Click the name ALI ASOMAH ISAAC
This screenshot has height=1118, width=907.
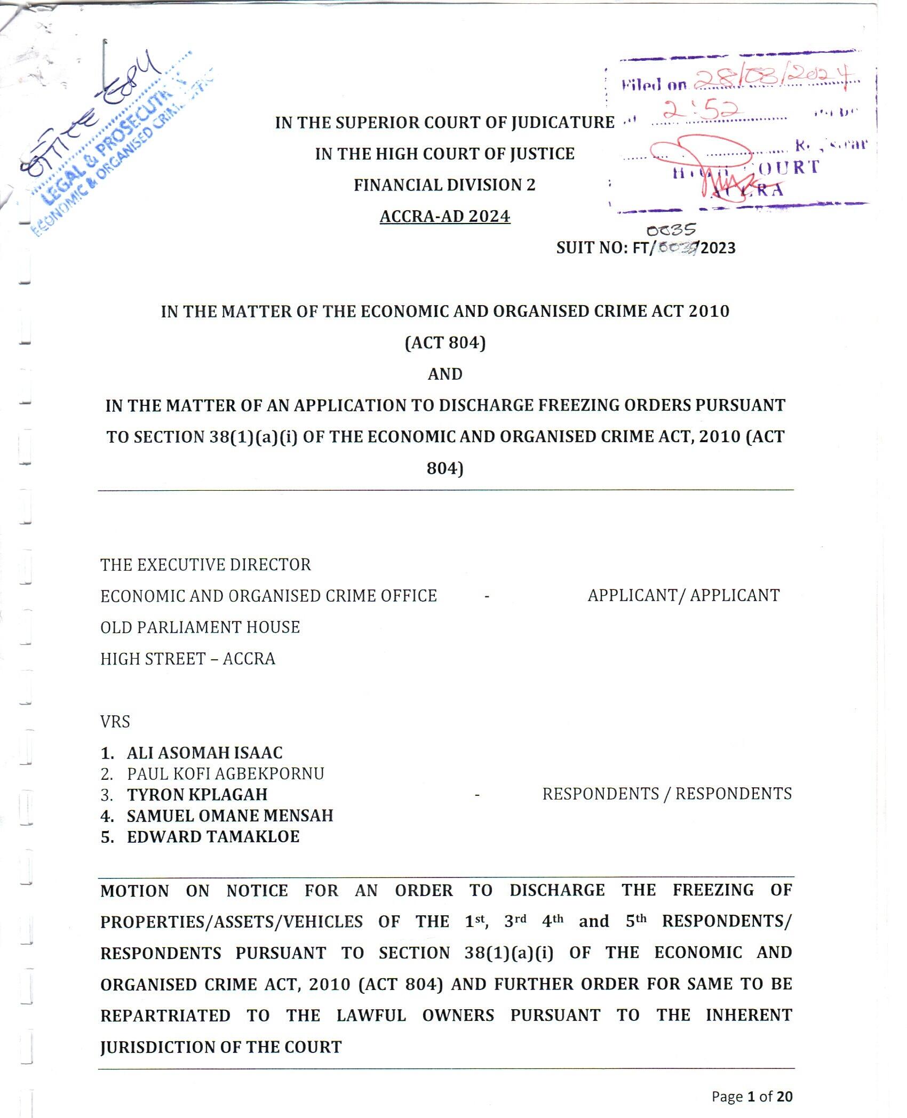click(x=205, y=753)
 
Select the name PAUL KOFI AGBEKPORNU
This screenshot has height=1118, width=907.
click(x=225, y=773)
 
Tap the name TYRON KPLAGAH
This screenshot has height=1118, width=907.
click(x=197, y=794)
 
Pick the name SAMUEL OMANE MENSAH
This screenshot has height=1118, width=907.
click(x=230, y=816)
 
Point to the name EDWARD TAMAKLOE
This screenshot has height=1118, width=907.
click(x=213, y=836)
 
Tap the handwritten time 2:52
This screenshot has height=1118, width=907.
click(x=700, y=109)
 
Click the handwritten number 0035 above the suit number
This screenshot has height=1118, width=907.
click(x=671, y=230)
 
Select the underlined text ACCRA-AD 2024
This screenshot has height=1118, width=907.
click(x=445, y=216)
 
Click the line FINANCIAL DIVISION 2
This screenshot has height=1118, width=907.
click(x=444, y=185)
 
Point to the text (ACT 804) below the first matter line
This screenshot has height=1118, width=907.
click(x=445, y=342)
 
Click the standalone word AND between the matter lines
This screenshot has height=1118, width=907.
click(x=445, y=374)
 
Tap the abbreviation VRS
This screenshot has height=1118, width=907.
click(x=115, y=722)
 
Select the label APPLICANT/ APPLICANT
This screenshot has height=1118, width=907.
click(x=683, y=595)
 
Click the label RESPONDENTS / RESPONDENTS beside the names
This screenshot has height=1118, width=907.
click(x=667, y=794)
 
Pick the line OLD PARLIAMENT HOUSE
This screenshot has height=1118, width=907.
click(x=200, y=627)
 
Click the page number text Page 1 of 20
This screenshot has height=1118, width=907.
click(x=752, y=1096)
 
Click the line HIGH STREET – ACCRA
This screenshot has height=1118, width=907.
click(x=188, y=659)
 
